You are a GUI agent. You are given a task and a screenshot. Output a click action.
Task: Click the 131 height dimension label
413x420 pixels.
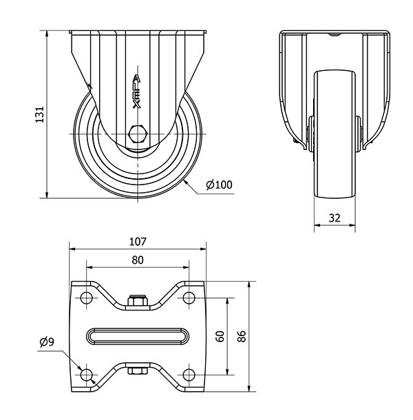[x=40, y=115]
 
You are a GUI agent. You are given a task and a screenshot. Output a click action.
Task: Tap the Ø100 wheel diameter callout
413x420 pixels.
[x=219, y=185]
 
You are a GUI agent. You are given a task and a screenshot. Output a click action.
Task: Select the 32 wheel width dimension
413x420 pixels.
[x=335, y=218]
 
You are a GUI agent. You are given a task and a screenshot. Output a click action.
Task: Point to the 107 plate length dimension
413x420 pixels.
[x=138, y=242]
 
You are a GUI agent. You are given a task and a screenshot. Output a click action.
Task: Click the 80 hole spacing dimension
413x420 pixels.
[x=138, y=260]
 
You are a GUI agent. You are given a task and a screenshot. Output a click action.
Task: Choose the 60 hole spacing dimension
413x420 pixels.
[x=220, y=337]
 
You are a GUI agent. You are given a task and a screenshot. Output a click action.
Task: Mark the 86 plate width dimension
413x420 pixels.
[x=242, y=337]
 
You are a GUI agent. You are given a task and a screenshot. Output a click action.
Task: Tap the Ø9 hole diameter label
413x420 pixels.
[x=47, y=342]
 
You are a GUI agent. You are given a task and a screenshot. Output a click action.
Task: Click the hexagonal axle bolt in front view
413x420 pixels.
[x=138, y=134]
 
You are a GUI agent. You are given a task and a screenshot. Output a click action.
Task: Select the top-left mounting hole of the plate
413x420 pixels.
[x=86, y=297]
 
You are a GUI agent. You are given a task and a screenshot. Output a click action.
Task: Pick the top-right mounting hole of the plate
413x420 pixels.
[x=189, y=297]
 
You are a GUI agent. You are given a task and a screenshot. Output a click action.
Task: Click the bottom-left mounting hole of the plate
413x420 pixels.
[x=86, y=375]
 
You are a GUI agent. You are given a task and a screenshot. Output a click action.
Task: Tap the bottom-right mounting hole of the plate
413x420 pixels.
[x=189, y=375]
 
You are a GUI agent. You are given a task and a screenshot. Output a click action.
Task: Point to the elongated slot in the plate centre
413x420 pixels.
[x=138, y=336]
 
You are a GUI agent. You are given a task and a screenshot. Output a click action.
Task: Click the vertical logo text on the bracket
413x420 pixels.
[x=137, y=92]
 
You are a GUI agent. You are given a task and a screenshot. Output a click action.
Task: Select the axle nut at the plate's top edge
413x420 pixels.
[x=138, y=300]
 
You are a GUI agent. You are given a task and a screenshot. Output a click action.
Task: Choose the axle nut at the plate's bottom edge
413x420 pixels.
[x=138, y=370]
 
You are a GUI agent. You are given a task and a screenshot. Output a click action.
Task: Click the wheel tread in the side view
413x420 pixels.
[x=335, y=134]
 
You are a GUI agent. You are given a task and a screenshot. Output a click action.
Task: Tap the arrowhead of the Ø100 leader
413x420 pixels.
[x=187, y=183]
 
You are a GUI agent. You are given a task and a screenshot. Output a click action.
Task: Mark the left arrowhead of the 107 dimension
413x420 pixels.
[x=72, y=249]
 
